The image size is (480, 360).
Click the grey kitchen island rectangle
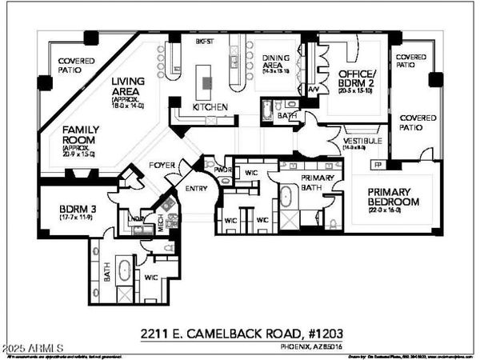coord(207,82)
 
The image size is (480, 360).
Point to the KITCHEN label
coord(210,106)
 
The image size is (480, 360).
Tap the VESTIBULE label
coord(361,141)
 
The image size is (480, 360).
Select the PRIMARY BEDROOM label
coord(392,197)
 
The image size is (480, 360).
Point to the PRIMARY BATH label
coord(318,182)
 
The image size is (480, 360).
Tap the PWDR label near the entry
coord(223,170)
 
